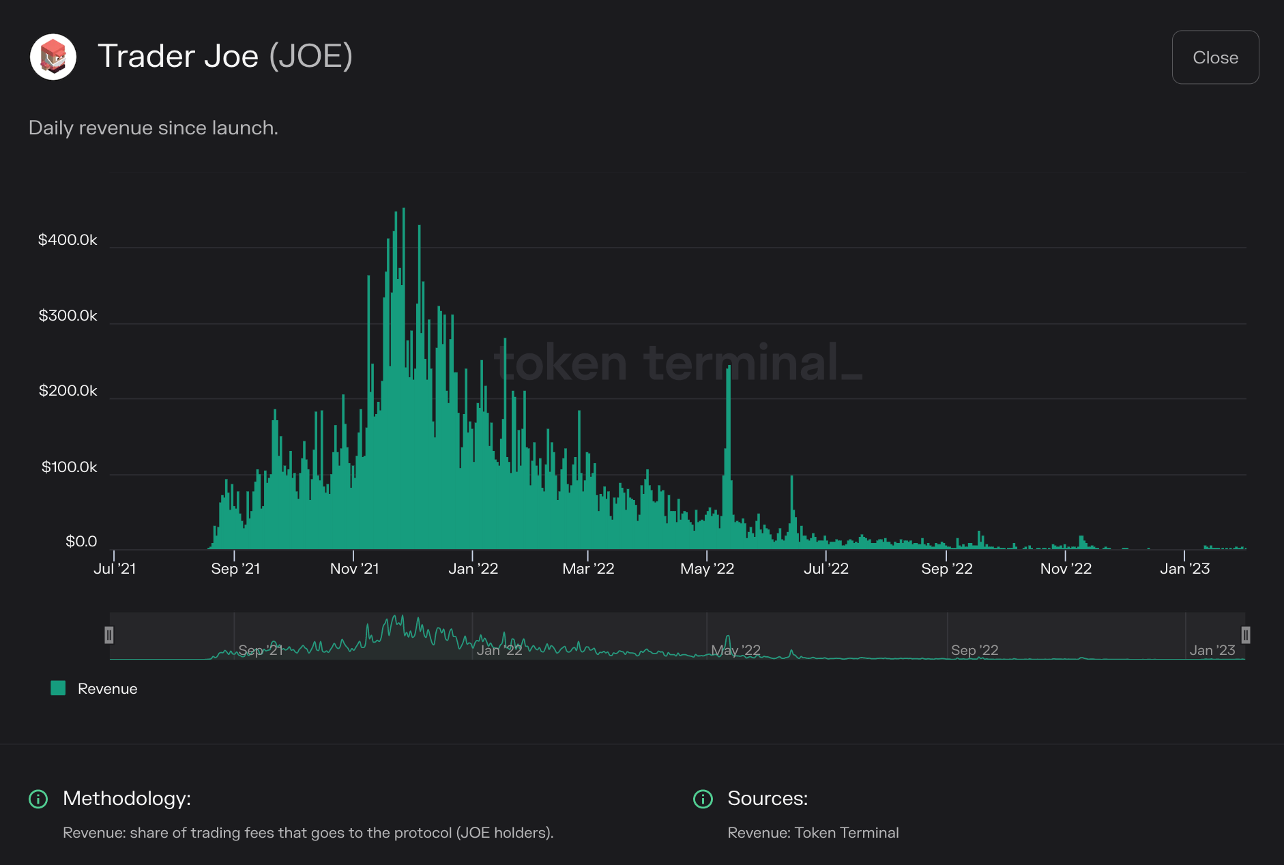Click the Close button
(1214, 57)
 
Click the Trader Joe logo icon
(53, 57)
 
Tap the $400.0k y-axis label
(68, 240)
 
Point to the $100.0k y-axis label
(69, 467)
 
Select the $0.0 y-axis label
(81, 542)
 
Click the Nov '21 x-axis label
(354, 569)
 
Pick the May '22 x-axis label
(707, 569)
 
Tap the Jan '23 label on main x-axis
(1184, 569)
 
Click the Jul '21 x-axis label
(115, 569)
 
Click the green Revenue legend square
(58, 688)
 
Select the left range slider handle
(109, 635)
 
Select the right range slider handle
(1245, 635)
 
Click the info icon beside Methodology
(38, 799)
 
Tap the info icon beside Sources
(703, 799)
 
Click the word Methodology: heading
(127, 798)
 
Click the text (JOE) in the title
(311, 56)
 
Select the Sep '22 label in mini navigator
(974, 650)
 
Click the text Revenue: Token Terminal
(813, 833)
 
